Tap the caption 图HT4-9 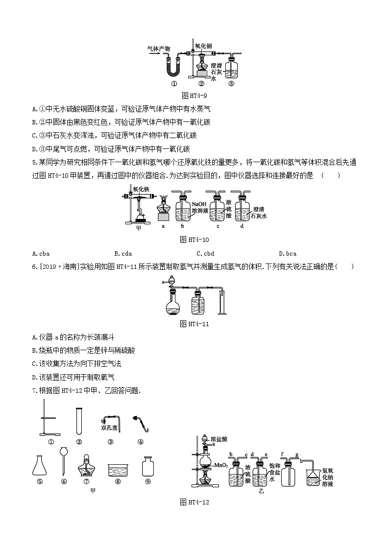tap(194, 96)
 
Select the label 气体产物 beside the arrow tap(159, 48)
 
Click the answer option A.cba tap(40, 253)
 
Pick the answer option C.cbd tap(205, 253)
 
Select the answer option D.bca tap(288, 253)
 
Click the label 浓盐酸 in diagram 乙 tap(219, 438)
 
